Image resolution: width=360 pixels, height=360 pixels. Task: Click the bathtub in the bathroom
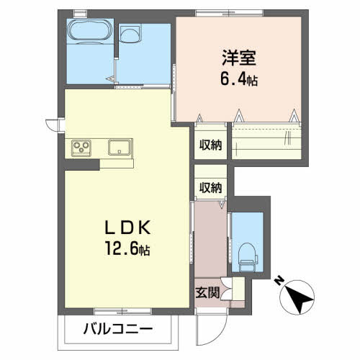[x=90, y=31]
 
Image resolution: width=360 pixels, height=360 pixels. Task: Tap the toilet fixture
[x=248, y=257]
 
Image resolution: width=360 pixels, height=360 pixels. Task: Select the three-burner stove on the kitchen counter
[x=81, y=148]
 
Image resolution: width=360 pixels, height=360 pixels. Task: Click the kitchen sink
[x=120, y=147]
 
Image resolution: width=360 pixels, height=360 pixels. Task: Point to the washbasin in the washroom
[x=130, y=35]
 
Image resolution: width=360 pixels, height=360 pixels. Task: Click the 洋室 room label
[x=239, y=58]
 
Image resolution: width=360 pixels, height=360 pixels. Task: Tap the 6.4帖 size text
[x=239, y=80]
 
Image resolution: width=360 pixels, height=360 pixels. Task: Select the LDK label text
[x=127, y=228]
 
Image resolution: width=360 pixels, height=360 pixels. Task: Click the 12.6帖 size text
[x=127, y=249]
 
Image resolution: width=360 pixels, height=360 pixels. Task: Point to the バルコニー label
[x=118, y=328]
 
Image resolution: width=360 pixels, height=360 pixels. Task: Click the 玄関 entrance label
[x=207, y=292]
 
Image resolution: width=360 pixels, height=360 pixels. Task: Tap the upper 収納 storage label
[x=210, y=145]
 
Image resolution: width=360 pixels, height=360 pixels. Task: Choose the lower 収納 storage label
[x=210, y=187]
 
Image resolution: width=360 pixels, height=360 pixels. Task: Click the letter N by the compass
[x=279, y=281]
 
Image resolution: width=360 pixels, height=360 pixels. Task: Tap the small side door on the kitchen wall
[x=53, y=125]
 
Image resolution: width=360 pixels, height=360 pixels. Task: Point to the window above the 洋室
[x=229, y=13]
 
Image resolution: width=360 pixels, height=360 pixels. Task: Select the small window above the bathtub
[x=80, y=14]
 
